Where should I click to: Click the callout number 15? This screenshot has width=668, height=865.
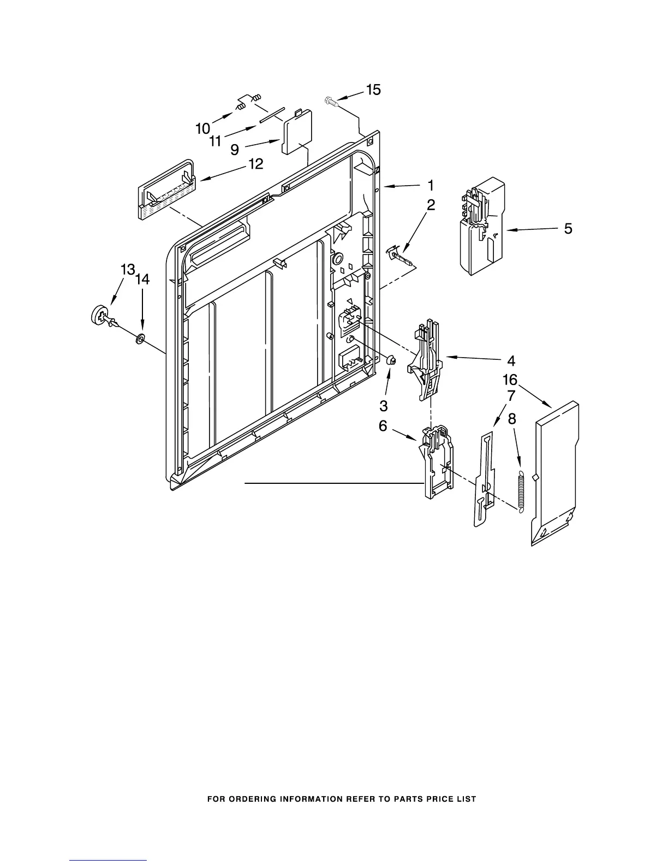[x=373, y=90]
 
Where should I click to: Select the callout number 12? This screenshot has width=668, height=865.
[x=255, y=163]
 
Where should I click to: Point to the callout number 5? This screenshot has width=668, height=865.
[x=568, y=229]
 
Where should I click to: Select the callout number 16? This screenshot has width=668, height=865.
[x=510, y=380]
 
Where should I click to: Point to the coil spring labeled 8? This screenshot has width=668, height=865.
[x=521, y=491]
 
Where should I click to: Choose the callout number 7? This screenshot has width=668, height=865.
[x=511, y=396]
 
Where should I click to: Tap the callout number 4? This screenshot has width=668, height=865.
[x=511, y=360]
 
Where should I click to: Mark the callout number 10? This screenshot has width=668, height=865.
[x=202, y=129]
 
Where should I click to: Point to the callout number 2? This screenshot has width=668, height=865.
[x=431, y=205]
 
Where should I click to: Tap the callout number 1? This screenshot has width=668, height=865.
[x=430, y=185]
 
